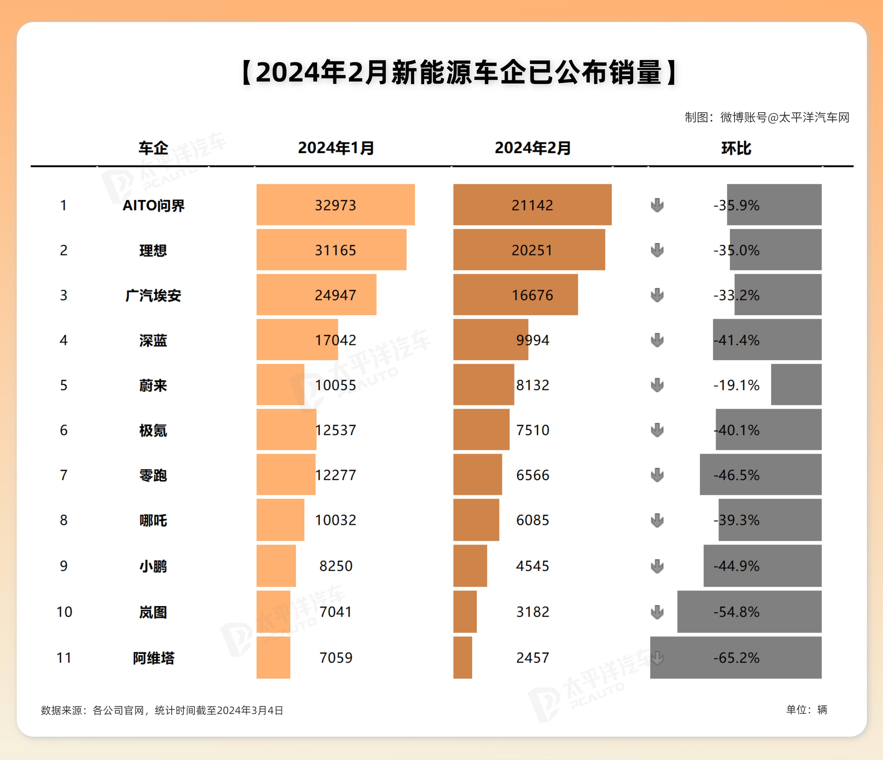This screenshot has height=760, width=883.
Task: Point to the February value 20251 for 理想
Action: pos(532,250)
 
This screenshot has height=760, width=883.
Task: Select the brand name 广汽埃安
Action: pos(153,295)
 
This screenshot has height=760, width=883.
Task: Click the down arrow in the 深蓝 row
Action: pos(657,340)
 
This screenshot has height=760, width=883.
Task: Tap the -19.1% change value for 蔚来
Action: pos(736,385)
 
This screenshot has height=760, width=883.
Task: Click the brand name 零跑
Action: pos(153,475)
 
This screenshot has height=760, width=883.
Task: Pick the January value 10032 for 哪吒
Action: pos(335,520)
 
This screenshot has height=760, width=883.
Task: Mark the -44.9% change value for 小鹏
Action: pos(736,566)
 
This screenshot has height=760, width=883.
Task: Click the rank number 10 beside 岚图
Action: pos(64,612)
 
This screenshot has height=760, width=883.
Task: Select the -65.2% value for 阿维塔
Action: pos(736,658)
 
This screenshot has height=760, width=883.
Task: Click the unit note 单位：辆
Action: pos(806,710)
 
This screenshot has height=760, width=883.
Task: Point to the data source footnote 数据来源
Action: pos(162,710)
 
